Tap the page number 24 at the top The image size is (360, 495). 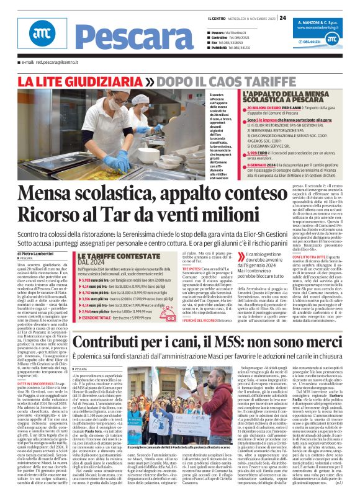click(282, 18)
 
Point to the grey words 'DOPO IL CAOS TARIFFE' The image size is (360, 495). click(226, 81)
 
